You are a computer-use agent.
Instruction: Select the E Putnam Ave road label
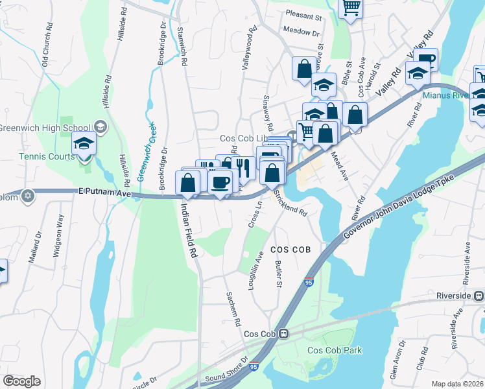pos(105,193)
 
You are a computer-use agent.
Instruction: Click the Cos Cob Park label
pos(335,350)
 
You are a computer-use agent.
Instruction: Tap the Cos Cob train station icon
pos(284,334)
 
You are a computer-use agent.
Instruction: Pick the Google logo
pos(21,381)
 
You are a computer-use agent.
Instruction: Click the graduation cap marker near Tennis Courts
pos(84,143)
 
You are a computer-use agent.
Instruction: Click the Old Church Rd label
pos(46,45)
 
